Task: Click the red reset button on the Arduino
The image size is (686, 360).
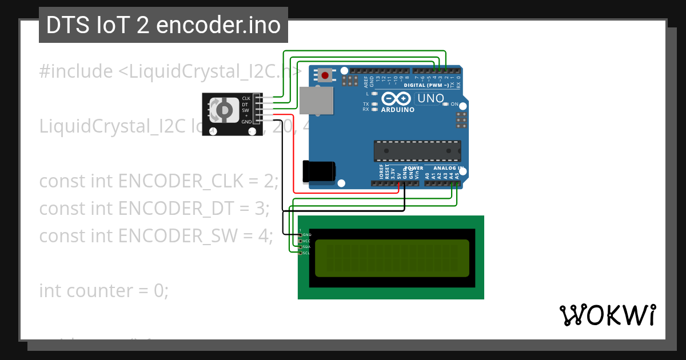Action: click(326, 74)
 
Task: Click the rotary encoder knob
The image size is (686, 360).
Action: click(224, 110)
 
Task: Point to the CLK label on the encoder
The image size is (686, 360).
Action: click(246, 98)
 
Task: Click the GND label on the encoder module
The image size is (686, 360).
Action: click(246, 122)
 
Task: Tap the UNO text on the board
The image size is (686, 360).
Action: click(430, 98)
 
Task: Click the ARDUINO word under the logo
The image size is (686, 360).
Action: click(397, 110)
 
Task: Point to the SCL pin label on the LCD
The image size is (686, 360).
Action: click(306, 253)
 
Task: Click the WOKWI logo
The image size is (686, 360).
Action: click(607, 315)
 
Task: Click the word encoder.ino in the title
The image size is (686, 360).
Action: click(218, 25)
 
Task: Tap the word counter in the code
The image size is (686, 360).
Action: click(99, 290)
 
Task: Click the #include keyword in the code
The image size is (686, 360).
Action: click(76, 71)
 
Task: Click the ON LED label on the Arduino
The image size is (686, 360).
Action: click(454, 104)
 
